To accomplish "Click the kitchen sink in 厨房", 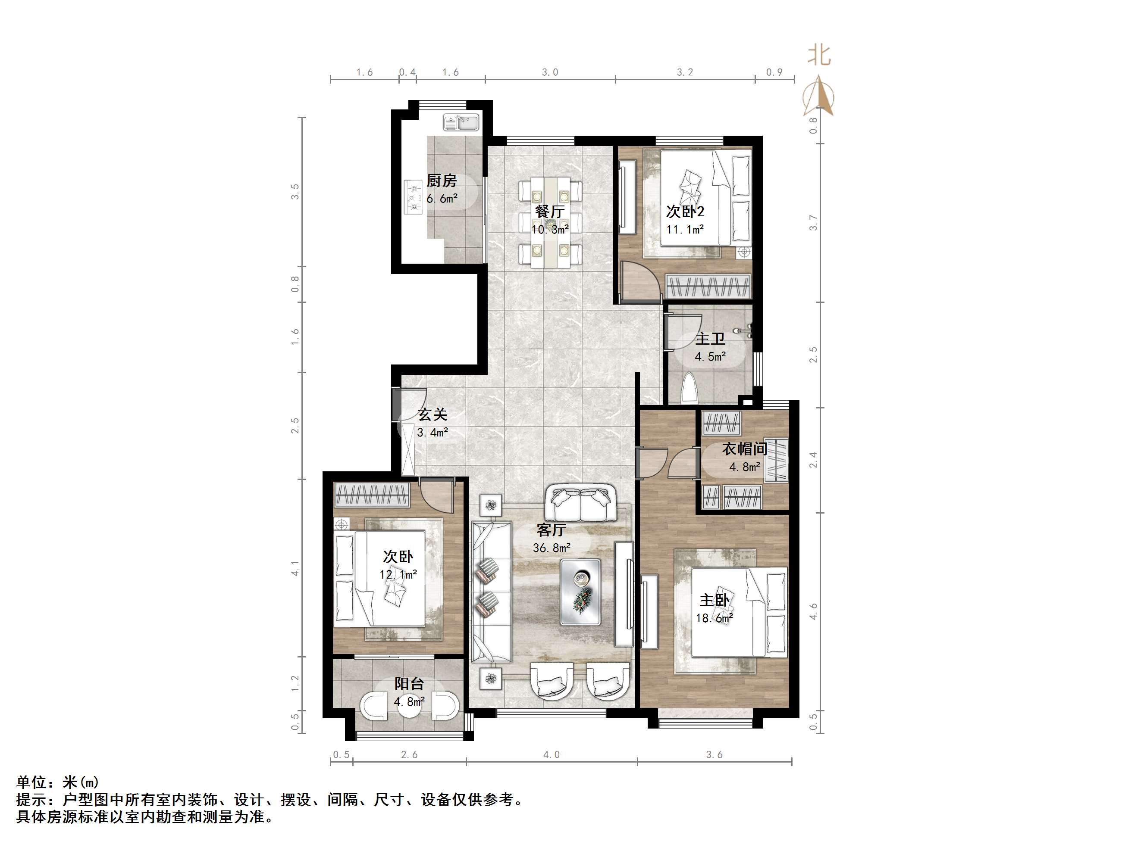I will pos(461,122).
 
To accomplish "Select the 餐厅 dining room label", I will pos(550,211).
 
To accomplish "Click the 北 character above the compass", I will pos(819,55).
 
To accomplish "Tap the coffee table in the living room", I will pos(580,592).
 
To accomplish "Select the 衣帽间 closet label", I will pos(744,449).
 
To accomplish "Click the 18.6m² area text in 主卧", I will pos(714,618).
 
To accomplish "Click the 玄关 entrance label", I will pos(432,414).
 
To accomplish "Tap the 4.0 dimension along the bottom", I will pos(552,754).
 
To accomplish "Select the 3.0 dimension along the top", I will pos(550,72).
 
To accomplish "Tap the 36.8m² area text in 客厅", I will pos(552,548).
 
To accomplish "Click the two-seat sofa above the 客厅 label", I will pos(580,503).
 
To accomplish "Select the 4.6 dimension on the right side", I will pos(814,611).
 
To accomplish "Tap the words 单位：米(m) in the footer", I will pos(58,782).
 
